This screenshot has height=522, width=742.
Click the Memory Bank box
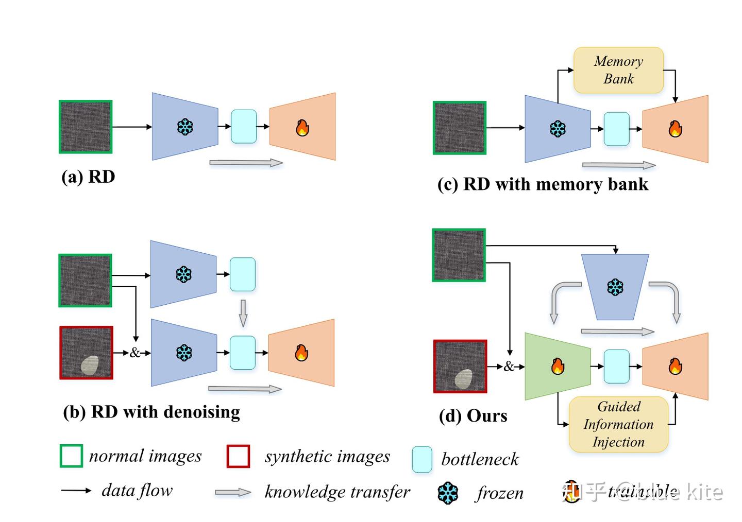click(x=618, y=70)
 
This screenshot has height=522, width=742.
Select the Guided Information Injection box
click(x=618, y=424)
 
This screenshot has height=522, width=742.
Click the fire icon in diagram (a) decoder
click(x=302, y=127)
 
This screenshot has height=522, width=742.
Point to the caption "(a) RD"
click(x=88, y=177)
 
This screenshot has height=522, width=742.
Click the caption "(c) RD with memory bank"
click(x=543, y=184)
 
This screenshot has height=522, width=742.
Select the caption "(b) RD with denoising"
click(x=151, y=412)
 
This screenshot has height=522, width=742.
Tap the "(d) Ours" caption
click(x=473, y=415)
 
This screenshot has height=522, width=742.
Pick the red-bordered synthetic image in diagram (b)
click(x=86, y=353)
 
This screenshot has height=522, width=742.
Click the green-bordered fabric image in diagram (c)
click(x=460, y=128)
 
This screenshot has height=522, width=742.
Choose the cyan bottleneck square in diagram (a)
click(x=244, y=127)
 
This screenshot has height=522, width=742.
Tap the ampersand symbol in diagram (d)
click(x=509, y=367)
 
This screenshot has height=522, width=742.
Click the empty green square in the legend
click(x=71, y=456)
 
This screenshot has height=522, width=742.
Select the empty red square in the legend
click(x=238, y=456)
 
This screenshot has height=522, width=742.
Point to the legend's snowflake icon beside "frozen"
click(x=448, y=493)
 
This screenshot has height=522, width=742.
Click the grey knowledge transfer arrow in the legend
click(x=233, y=493)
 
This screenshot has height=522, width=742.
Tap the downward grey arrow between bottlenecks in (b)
click(x=243, y=313)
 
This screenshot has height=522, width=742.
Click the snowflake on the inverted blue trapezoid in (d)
click(x=615, y=287)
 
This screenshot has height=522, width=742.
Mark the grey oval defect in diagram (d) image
click(x=464, y=379)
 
